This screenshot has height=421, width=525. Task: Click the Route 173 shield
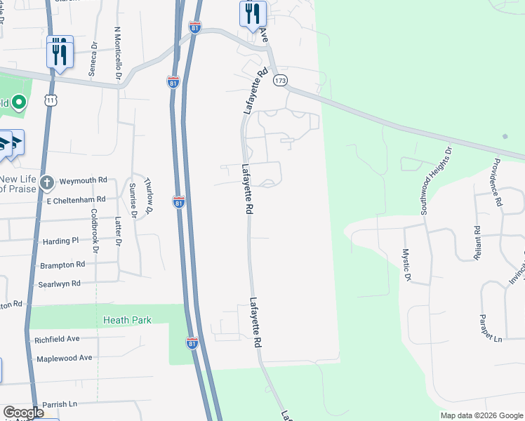point(281,81)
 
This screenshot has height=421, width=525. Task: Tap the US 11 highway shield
point(50,101)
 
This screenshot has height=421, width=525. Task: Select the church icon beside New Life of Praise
point(46,183)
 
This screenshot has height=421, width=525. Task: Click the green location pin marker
point(19,103)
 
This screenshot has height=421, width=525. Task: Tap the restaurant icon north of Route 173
point(253,13)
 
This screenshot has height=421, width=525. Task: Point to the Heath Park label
point(127,320)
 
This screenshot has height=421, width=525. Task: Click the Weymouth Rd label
point(83,180)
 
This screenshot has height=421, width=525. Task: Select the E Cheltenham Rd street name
point(75,199)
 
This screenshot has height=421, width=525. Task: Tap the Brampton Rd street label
point(62,265)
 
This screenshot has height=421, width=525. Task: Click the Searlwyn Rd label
point(60,283)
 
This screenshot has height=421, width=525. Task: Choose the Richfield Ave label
point(57,339)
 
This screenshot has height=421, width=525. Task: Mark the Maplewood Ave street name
point(66,358)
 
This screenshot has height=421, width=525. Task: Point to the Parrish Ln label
point(59,404)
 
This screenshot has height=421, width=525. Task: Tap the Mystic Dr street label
point(406,265)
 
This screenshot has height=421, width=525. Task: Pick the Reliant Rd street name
point(477,243)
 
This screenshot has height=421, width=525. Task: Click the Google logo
point(23,413)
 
